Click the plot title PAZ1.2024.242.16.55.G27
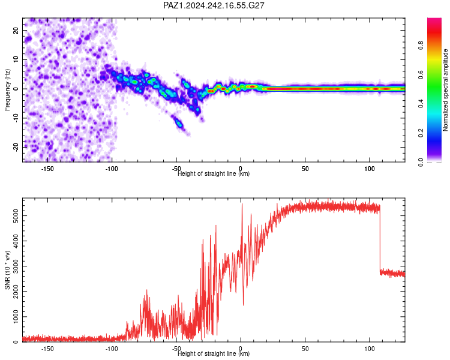[x=214, y=5]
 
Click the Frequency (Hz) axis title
[x=7, y=90]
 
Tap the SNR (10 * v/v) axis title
[x=7, y=270]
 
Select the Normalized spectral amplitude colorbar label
[x=445, y=90]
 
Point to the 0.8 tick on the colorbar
[x=421, y=46]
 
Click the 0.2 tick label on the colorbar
[x=421, y=133]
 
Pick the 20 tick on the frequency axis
[x=16, y=30]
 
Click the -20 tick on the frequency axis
[x=16, y=147]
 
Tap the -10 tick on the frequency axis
[x=16, y=118]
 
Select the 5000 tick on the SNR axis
[x=16, y=215]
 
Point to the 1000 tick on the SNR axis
[x=16, y=317]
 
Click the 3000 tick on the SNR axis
[x=16, y=266]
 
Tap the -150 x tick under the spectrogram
[x=47, y=169]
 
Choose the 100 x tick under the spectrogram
[x=370, y=169]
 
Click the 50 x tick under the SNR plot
[x=305, y=349]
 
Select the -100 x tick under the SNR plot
[x=112, y=349]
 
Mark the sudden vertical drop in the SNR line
[x=380, y=238]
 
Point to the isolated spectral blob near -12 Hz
[x=179, y=124]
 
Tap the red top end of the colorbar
[x=434, y=20]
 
